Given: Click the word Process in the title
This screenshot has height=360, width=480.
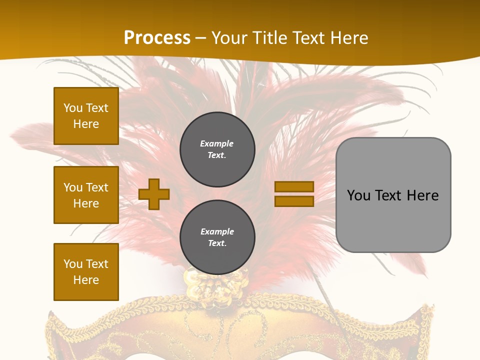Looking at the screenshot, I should (157, 37).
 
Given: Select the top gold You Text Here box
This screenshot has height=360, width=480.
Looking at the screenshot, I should (86, 116).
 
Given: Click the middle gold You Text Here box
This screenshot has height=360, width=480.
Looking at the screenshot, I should (86, 195).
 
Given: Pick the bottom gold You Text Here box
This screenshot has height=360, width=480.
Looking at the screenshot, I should (86, 272).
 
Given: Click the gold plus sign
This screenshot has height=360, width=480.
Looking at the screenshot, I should (154, 194).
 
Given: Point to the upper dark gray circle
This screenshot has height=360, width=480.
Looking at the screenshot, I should (217, 149).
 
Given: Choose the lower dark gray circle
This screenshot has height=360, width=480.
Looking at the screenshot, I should (217, 237).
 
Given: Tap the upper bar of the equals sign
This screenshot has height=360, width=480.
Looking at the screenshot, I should (294, 186).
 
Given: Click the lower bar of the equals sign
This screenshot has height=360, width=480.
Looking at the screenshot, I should (294, 201).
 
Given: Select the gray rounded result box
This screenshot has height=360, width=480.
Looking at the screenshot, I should (393, 195).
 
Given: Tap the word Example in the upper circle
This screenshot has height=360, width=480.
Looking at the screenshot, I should (216, 143).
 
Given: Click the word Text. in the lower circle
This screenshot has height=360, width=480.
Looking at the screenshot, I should (217, 243).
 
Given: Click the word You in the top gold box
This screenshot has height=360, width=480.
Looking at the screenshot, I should (73, 108).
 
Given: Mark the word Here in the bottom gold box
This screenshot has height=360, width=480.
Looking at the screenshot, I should (86, 280).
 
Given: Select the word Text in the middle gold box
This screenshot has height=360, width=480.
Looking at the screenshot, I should (96, 187).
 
